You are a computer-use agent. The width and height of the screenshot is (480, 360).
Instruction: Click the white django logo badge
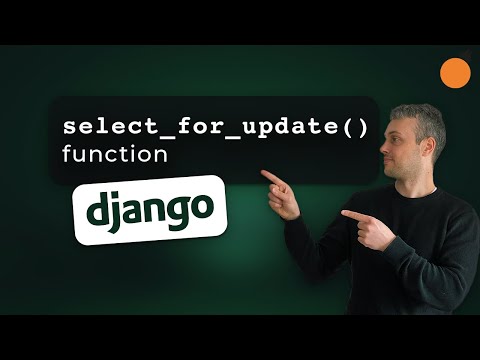[150, 208]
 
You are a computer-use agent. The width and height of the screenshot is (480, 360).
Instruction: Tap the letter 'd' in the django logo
[97, 209]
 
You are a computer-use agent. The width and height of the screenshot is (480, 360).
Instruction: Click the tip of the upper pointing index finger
[263, 175]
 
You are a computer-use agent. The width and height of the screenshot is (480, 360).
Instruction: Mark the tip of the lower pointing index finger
[343, 213]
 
